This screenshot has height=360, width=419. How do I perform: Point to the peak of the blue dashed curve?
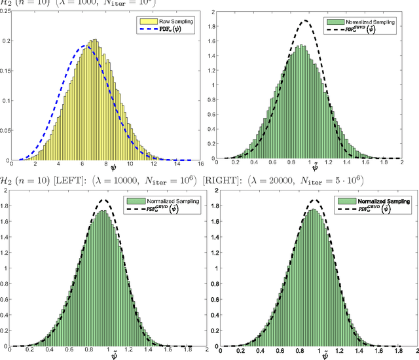(x=84, y=46)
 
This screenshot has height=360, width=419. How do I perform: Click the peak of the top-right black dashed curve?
(x=304, y=21)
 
